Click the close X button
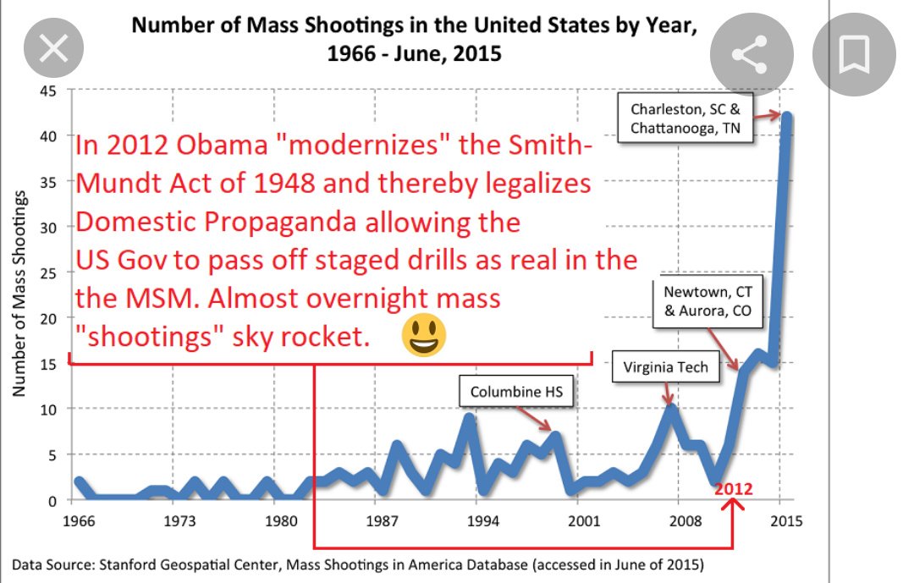click(x=54, y=50)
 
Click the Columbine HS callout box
click(x=515, y=392)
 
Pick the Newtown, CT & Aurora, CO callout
click(x=708, y=302)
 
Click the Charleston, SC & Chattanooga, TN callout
click(x=685, y=119)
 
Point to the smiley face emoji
click(x=424, y=336)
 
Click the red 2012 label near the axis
click(x=733, y=489)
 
